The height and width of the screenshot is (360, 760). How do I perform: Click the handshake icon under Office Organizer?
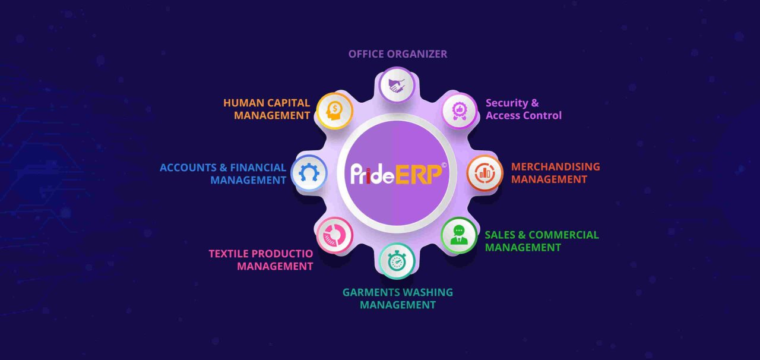point(397,85)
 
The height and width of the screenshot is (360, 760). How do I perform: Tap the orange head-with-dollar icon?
point(334,111)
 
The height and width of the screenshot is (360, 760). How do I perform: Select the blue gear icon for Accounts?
point(309,173)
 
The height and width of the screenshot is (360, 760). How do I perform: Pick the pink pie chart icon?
point(334,235)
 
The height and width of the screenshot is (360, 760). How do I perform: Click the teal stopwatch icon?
point(397,261)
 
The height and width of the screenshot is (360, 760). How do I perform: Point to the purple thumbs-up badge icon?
point(460,111)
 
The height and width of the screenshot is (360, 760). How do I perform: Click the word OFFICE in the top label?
point(366,54)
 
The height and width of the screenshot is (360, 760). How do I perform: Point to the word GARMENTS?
point(366,292)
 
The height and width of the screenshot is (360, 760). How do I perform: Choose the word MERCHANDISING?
point(555,167)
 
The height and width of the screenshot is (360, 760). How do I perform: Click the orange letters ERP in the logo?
point(419,174)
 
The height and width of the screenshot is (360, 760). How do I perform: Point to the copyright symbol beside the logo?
point(444,165)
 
